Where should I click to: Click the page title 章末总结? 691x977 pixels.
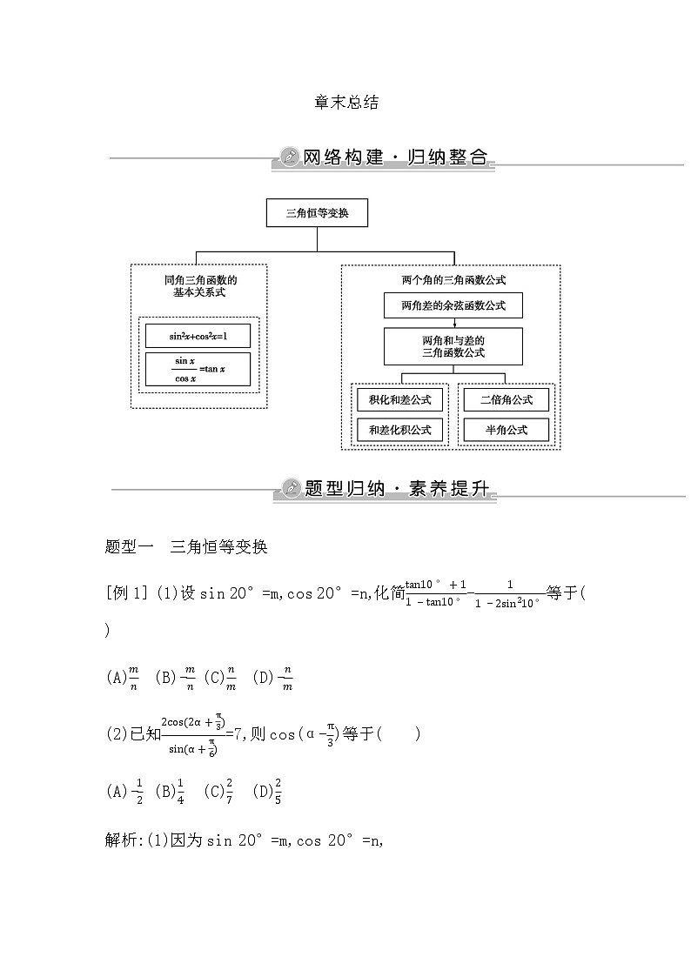tap(345, 102)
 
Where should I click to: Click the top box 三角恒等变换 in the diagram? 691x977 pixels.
tap(317, 213)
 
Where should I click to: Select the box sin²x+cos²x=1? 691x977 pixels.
tap(198, 335)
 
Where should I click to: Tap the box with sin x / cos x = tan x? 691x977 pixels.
tap(198, 369)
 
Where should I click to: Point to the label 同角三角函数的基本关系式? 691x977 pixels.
tap(199, 286)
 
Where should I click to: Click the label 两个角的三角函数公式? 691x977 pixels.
tap(453, 280)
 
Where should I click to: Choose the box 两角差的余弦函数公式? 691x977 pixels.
tap(453, 305)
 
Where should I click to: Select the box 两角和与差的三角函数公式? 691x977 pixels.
tap(453, 346)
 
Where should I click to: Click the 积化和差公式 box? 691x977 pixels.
tap(400, 399)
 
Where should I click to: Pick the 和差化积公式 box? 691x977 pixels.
tap(400, 430)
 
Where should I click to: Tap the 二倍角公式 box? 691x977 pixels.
tap(506, 399)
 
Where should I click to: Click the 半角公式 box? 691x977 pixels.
tap(506, 430)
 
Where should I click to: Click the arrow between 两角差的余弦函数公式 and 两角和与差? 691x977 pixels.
tap(453, 323)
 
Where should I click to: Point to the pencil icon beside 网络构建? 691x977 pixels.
tap(287, 157)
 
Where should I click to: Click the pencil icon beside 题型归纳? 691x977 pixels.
tap(289, 488)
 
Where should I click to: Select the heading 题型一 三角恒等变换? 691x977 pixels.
tap(185, 547)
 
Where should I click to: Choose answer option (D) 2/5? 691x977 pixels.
tap(267, 791)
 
